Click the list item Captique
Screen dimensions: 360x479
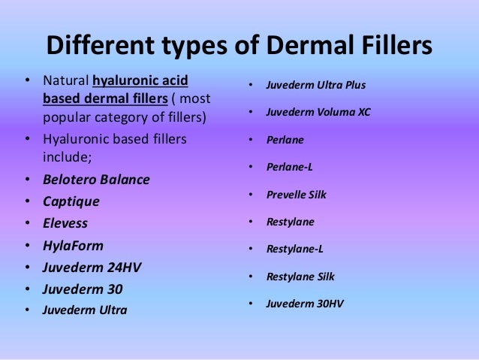click(x=71, y=201)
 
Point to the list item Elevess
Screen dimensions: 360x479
click(x=65, y=223)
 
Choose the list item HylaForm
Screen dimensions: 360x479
click(x=73, y=245)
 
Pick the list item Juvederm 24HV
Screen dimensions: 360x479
click(x=92, y=267)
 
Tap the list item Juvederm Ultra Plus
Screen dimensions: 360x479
click(x=316, y=84)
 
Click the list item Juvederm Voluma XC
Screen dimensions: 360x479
click(x=318, y=112)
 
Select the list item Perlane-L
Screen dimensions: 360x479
click(x=290, y=167)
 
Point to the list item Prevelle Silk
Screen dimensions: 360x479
click(x=297, y=195)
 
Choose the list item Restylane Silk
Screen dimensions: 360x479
click(x=300, y=277)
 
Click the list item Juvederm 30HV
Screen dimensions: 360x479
click(x=306, y=304)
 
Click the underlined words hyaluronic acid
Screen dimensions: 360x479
click(x=140, y=80)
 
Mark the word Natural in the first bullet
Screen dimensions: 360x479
click(x=65, y=80)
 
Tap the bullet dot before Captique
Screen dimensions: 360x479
click(x=28, y=202)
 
